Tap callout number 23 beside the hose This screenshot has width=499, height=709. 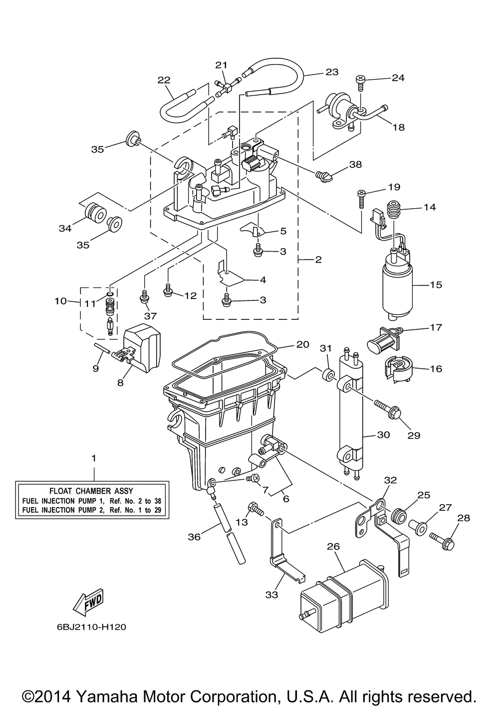coord(331,72)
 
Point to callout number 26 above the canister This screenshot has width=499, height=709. coord(333,547)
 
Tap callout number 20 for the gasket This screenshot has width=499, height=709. coord(302,344)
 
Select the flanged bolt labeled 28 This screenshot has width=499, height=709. coord(445,542)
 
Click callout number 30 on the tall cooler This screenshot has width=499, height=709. coord(383,434)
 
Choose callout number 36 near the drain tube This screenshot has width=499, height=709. coord(194,537)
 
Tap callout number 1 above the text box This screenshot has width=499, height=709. coord(93,457)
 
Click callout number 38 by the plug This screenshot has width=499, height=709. coord(355,164)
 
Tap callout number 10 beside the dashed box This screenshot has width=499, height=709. coord(60,301)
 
